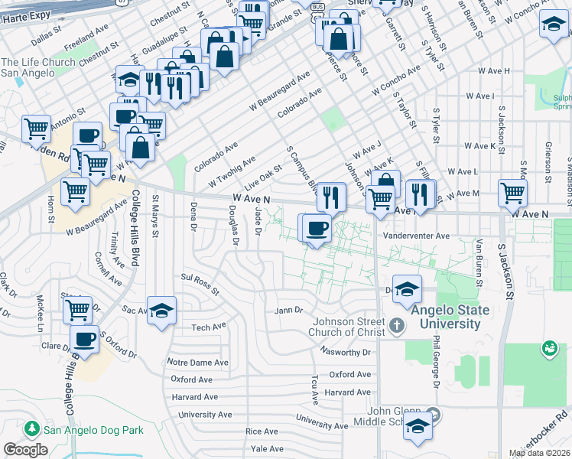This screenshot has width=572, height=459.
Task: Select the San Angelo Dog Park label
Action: pos(93,430)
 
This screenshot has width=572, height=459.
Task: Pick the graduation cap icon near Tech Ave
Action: pos(161,310)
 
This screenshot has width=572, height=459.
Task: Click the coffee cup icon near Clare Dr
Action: pos(84,339)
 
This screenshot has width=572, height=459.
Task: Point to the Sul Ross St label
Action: pos(200,285)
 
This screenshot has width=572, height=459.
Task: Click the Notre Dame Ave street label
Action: pos(197,362)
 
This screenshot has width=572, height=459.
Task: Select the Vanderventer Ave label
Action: pos(417,236)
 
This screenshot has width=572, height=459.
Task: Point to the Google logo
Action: pos(26,449)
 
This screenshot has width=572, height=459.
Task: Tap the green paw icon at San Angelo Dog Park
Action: pos(32,429)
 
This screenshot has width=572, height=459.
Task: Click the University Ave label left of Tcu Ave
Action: pos(198,414)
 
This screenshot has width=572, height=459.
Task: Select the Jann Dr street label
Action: pos(290,311)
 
